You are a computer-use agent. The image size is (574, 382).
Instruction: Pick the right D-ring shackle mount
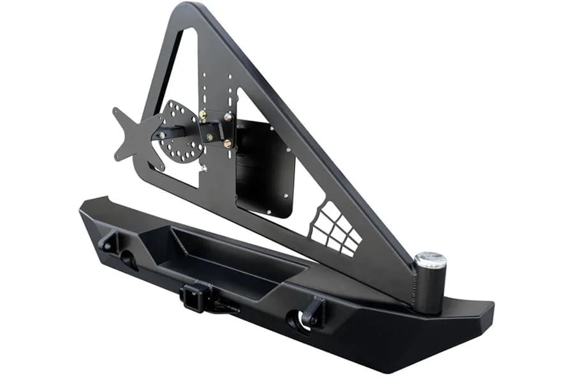tap(314, 311)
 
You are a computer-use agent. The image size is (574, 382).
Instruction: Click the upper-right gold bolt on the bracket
tap(227, 117)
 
